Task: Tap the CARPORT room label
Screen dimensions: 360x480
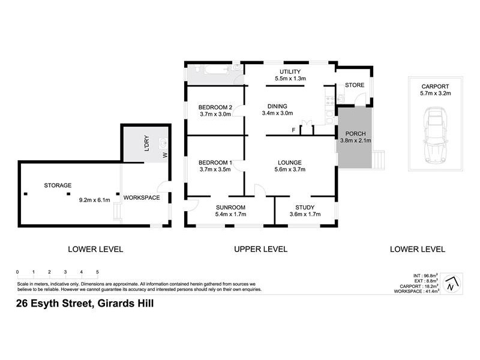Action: pos(434,86)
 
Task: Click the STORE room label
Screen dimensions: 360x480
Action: pos(354,86)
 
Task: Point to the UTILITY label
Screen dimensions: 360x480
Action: pos(290,71)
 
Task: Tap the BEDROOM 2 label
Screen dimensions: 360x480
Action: pos(215,107)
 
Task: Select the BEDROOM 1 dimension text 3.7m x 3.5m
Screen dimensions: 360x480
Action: pos(215,170)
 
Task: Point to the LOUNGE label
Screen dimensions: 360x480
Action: pos(289,162)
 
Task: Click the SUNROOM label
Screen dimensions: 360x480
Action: pos(231,207)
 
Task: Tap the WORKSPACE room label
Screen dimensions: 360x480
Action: pos(142,197)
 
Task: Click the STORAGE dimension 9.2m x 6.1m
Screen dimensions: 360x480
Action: pos(95,200)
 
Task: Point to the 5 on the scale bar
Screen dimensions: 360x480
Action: pos(97,272)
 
